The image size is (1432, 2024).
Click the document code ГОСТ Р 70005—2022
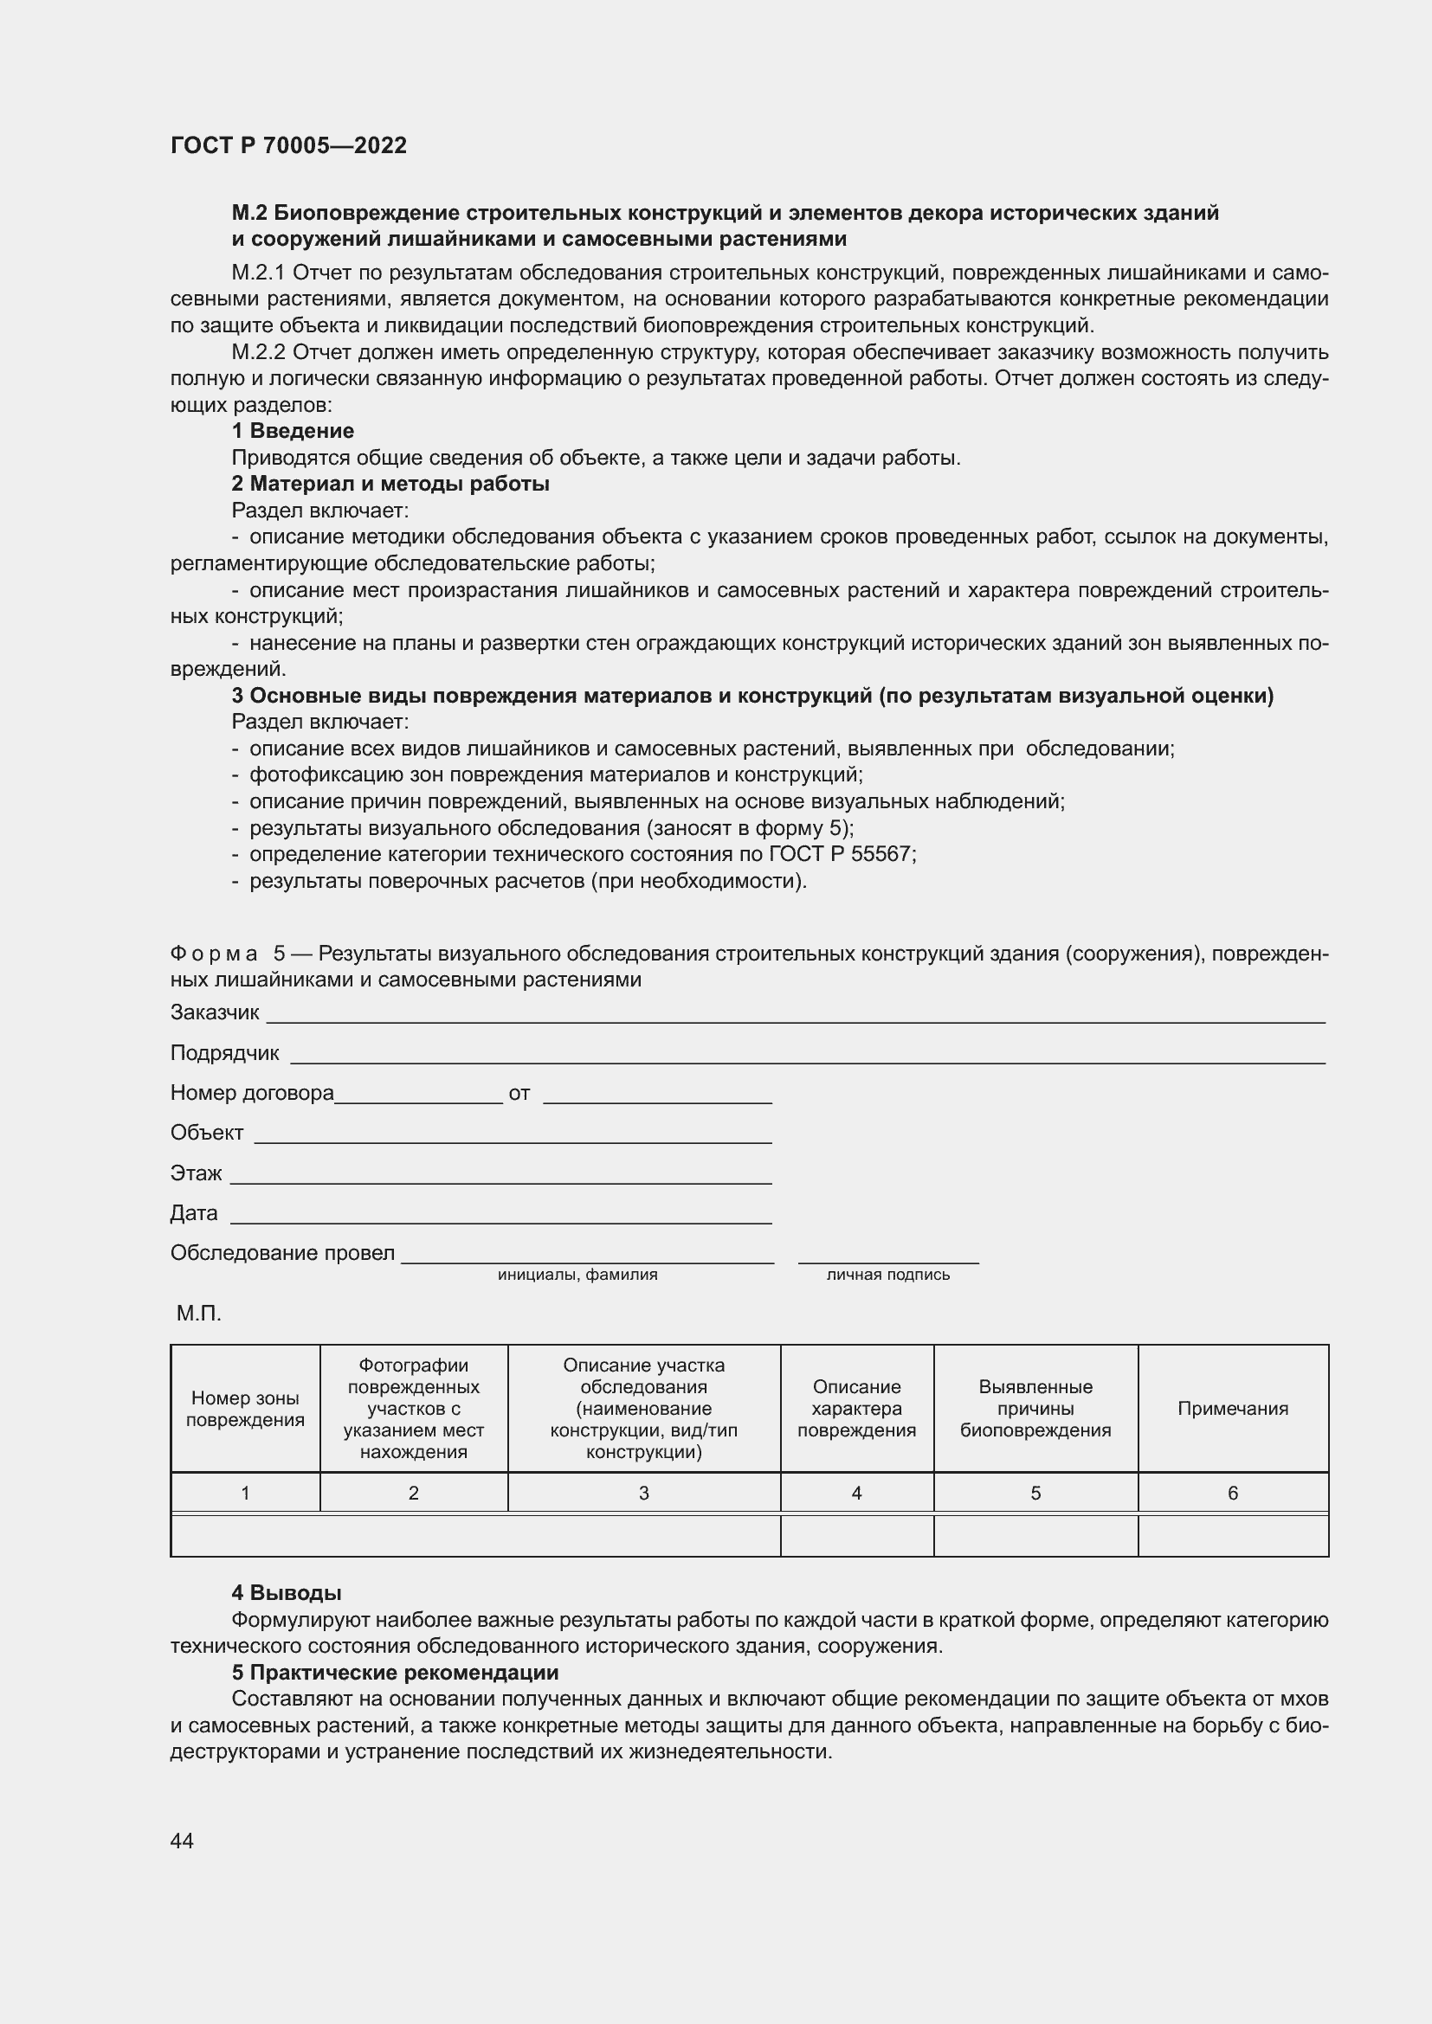[288, 145]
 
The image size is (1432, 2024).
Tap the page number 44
[182, 1841]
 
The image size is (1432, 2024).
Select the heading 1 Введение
[293, 431]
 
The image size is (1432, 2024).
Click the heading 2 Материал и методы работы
[390, 484]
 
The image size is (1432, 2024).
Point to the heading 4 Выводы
[287, 1593]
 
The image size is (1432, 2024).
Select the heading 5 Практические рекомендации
[395, 1673]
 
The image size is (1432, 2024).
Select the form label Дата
[194, 1213]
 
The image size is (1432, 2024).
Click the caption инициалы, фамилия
[577, 1275]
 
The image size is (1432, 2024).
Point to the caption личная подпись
[888, 1275]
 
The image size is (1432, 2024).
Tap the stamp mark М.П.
[198, 1314]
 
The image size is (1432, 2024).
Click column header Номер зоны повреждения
[245, 1409]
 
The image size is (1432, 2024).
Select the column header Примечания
[1233, 1409]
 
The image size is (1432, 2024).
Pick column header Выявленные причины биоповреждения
[1035, 1409]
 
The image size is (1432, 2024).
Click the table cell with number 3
[643, 1494]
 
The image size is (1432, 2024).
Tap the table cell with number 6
[1233, 1494]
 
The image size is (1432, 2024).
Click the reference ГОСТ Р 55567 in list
[842, 854]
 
